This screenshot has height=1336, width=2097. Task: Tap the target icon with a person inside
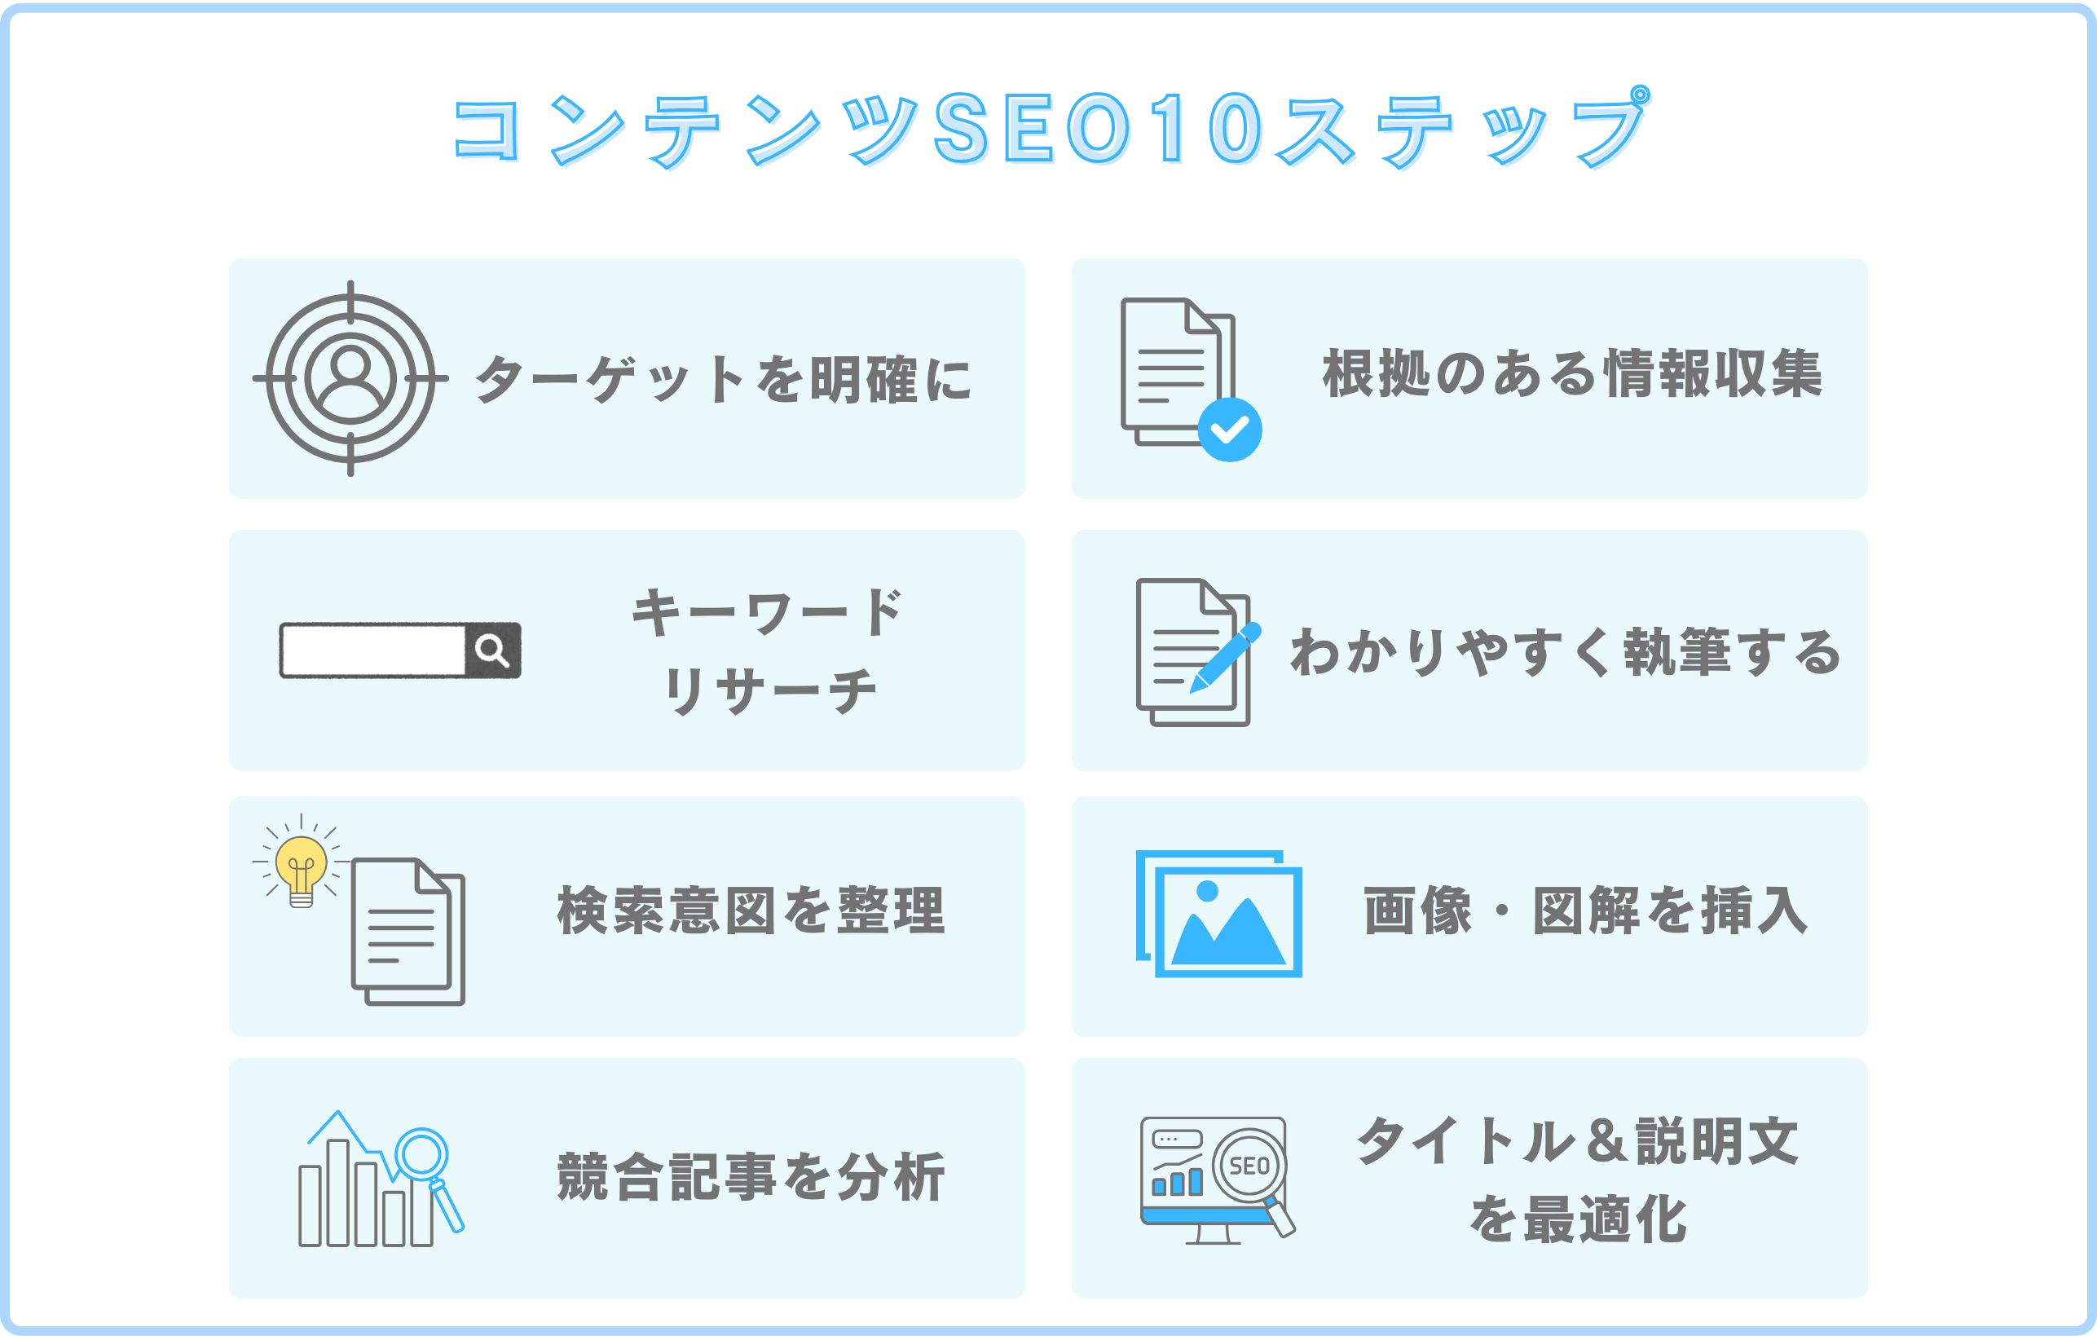(350, 378)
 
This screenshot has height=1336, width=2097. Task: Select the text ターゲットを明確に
(723, 380)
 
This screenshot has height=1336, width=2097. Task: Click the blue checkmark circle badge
(1230, 430)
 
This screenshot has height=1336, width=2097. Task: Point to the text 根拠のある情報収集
(1572, 373)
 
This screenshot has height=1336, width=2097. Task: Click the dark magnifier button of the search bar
(493, 650)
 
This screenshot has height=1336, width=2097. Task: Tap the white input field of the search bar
(372, 650)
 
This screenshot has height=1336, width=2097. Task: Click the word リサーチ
(770, 690)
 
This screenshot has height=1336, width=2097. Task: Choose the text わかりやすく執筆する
(1565, 651)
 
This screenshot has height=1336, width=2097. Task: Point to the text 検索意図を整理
(751, 911)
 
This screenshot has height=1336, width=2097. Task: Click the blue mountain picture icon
(1228, 921)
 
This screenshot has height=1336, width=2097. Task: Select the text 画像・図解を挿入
(1585, 911)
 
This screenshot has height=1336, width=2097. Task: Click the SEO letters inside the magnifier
(1249, 1166)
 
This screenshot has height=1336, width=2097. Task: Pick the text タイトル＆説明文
(1578, 1141)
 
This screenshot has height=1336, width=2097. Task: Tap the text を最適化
(1578, 1219)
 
